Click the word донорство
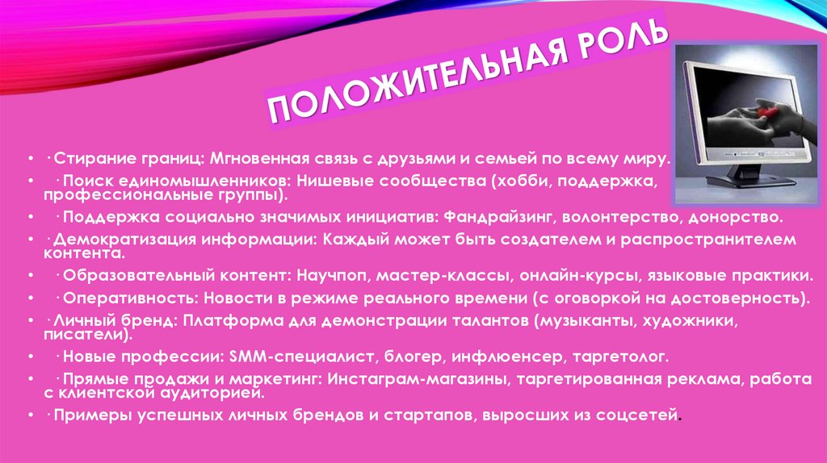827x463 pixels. tap(735, 217)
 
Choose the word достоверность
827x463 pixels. tap(742, 298)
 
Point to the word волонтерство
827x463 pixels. tap(622, 217)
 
